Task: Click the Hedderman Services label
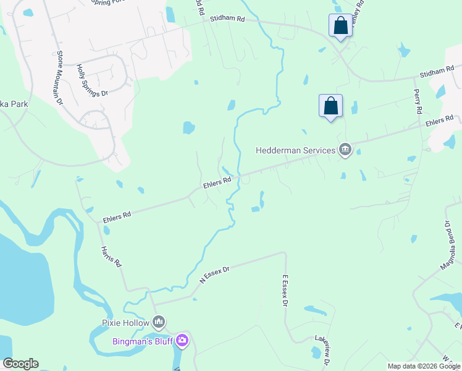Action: point(295,150)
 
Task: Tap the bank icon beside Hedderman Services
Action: point(345,149)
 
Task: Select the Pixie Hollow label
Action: point(125,323)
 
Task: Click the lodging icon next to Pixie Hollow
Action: point(159,322)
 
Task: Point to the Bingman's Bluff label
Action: point(142,341)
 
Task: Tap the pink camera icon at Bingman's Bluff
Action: point(182,341)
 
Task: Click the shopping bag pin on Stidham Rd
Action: point(340,26)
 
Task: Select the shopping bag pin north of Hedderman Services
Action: point(330,106)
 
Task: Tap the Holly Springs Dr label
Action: point(91,80)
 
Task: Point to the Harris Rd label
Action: point(111,257)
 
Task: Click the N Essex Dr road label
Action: point(214,275)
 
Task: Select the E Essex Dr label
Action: point(285,291)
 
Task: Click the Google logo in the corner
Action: point(20,364)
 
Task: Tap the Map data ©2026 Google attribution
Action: point(424,366)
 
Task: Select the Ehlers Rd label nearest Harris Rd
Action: point(117,214)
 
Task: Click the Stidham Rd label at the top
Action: point(227,19)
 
